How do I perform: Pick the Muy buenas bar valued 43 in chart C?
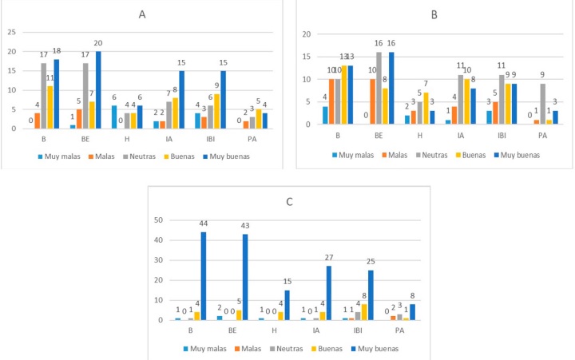pos(244,277)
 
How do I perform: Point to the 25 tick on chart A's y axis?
pos(12,32)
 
